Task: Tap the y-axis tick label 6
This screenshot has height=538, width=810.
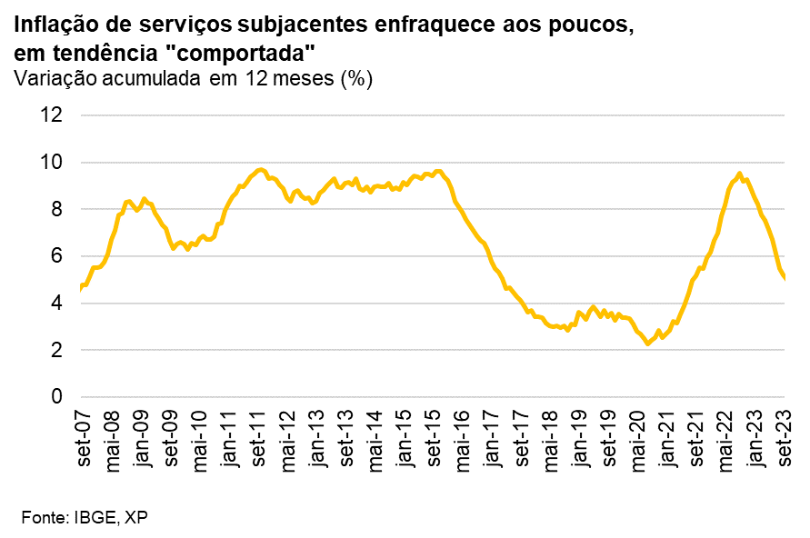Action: click(56, 256)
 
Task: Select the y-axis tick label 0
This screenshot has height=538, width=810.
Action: click(56, 397)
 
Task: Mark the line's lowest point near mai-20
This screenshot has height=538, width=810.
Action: click(648, 344)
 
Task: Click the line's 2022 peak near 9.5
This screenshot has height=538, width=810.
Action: click(739, 174)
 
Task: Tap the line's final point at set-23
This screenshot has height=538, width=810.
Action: click(784, 278)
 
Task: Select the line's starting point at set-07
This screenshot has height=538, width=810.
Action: click(82, 289)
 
